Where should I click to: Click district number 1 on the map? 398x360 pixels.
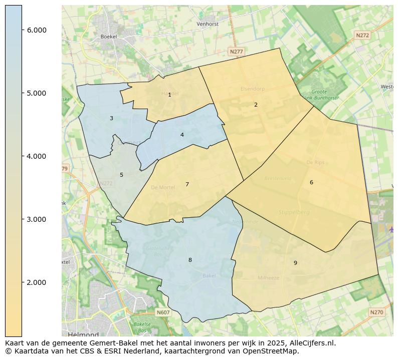[169, 95]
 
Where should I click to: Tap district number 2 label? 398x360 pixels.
[256, 105]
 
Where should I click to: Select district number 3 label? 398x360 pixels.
[111, 118]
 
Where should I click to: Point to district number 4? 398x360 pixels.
[182, 135]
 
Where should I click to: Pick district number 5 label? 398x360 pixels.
[121, 175]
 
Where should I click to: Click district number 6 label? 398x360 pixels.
[311, 182]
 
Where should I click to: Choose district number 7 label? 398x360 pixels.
[187, 184]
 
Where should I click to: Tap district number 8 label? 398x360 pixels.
[190, 260]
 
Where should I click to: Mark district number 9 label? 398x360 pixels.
[295, 263]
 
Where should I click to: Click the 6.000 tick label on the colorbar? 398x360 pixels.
[37, 30]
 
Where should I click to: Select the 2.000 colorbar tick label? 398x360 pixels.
[37, 282]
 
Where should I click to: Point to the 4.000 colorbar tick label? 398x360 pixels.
[37, 156]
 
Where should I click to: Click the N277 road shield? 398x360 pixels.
[236, 52]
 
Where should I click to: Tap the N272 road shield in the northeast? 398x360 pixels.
[362, 35]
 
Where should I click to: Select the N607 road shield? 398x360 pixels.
[163, 312]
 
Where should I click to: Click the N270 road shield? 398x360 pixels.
[376, 312]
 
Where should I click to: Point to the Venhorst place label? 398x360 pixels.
[208, 24]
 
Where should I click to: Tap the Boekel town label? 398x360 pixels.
[108, 37]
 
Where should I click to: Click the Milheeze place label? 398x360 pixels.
[269, 278]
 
